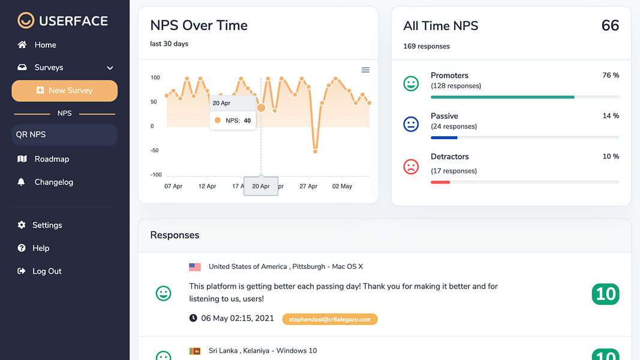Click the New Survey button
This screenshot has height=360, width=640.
(x=65, y=91)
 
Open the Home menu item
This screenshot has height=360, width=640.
(x=45, y=45)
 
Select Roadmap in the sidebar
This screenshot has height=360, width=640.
(x=52, y=159)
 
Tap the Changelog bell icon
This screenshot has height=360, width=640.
(x=22, y=182)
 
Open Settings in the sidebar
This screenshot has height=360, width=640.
(x=47, y=225)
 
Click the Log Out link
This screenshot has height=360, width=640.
(x=47, y=271)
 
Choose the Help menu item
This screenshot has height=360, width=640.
(x=41, y=248)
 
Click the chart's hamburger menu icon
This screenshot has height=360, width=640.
(x=365, y=70)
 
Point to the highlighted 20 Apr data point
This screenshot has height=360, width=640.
(x=261, y=107)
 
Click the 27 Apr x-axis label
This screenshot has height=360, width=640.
(x=308, y=186)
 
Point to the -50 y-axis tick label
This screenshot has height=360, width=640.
(x=155, y=151)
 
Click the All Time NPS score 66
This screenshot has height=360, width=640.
(x=610, y=26)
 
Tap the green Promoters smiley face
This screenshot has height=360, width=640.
(x=411, y=84)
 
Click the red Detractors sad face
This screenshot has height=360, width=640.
(x=411, y=166)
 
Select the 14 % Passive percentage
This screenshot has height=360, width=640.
(x=611, y=116)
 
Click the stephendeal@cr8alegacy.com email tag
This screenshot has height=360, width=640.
(x=329, y=319)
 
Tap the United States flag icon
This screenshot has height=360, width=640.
(x=195, y=267)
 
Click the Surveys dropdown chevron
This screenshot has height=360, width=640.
(x=110, y=68)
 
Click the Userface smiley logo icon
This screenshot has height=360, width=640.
(x=26, y=21)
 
